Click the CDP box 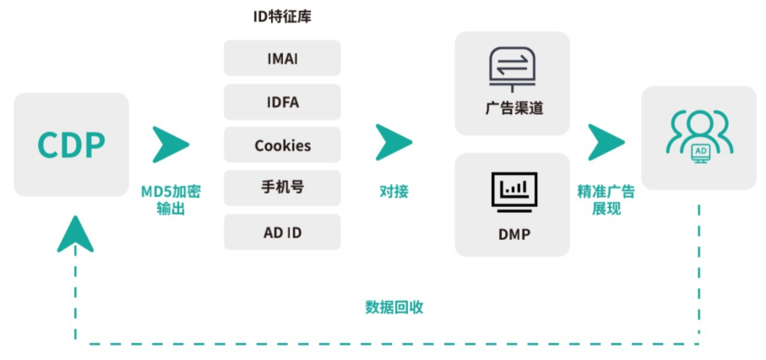[71, 145]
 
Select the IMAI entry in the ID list [282, 58]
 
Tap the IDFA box [282, 102]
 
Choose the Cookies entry [282, 145]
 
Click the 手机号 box [282, 188]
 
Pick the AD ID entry [282, 232]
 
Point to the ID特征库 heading [282, 17]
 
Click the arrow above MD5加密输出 [170, 144]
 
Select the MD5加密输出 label [171, 199]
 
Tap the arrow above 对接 [393, 142]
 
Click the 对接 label [394, 192]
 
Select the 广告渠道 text [513, 109]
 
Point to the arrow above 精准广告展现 [606, 142]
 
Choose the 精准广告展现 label [606, 199]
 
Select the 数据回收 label [394, 307]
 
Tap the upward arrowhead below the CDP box [75, 233]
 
